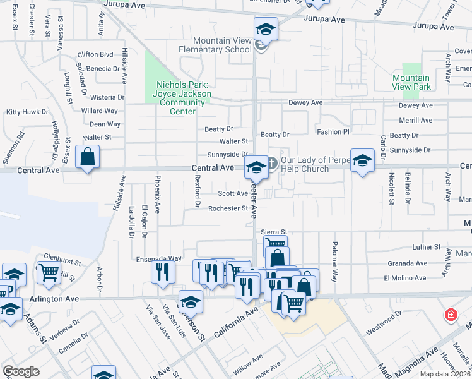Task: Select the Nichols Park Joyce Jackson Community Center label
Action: coord(182,98)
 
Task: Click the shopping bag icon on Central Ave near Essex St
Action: coord(87,157)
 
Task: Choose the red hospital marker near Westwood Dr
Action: coord(451,314)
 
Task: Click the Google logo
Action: coord(21,371)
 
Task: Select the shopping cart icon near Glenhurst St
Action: coord(49,274)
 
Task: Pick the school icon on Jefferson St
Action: coord(191,301)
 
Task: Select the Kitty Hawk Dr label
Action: coord(27,112)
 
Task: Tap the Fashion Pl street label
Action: coord(333,132)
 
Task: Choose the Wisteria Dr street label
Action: coord(107,97)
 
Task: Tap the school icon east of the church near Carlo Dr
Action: coord(362,160)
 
